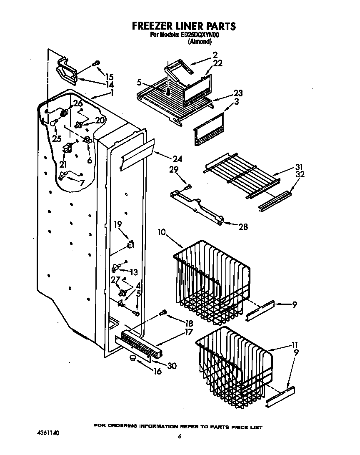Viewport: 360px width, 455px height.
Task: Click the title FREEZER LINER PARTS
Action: click(x=184, y=26)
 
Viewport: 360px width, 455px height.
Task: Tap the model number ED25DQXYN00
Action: click(x=200, y=35)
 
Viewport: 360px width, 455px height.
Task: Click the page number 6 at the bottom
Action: click(x=180, y=436)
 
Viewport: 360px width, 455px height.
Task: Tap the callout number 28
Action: click(x=242, y=226)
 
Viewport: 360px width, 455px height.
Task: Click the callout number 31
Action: click(x=299, y=166)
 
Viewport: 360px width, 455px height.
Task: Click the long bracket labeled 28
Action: click(x=198, y=206)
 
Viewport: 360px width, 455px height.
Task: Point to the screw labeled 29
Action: click(x=188, y=186)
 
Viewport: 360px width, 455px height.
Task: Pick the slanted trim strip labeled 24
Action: click(x=137, y=155)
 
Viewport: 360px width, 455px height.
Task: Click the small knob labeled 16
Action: click(x=133, y=358)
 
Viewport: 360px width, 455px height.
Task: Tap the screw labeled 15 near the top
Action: click(x=96, y=63)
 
